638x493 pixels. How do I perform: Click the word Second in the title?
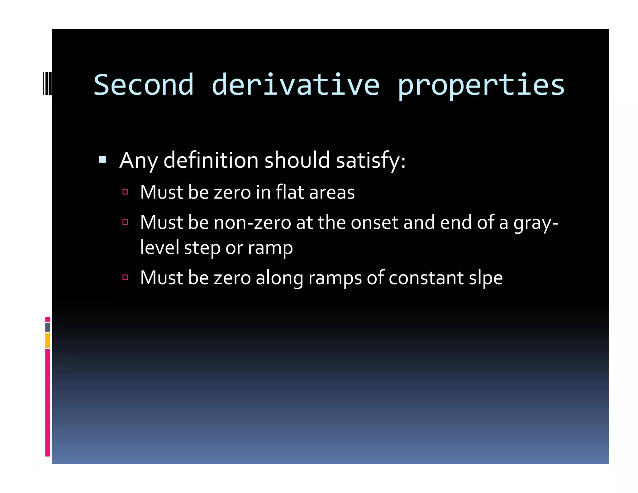click(144, 85)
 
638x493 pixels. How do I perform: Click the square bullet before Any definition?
click(102, 160)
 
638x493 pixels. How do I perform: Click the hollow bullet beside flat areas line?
click(125, 192)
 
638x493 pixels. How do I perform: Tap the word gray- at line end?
click(536, 223)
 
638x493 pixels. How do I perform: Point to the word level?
click(159, 247)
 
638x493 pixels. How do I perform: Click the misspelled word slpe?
click(486, 278)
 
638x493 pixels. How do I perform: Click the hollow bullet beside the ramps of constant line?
click(125, 277)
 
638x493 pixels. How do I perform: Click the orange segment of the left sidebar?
click(47, 340)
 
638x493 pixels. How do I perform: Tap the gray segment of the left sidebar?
click(47, 327)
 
